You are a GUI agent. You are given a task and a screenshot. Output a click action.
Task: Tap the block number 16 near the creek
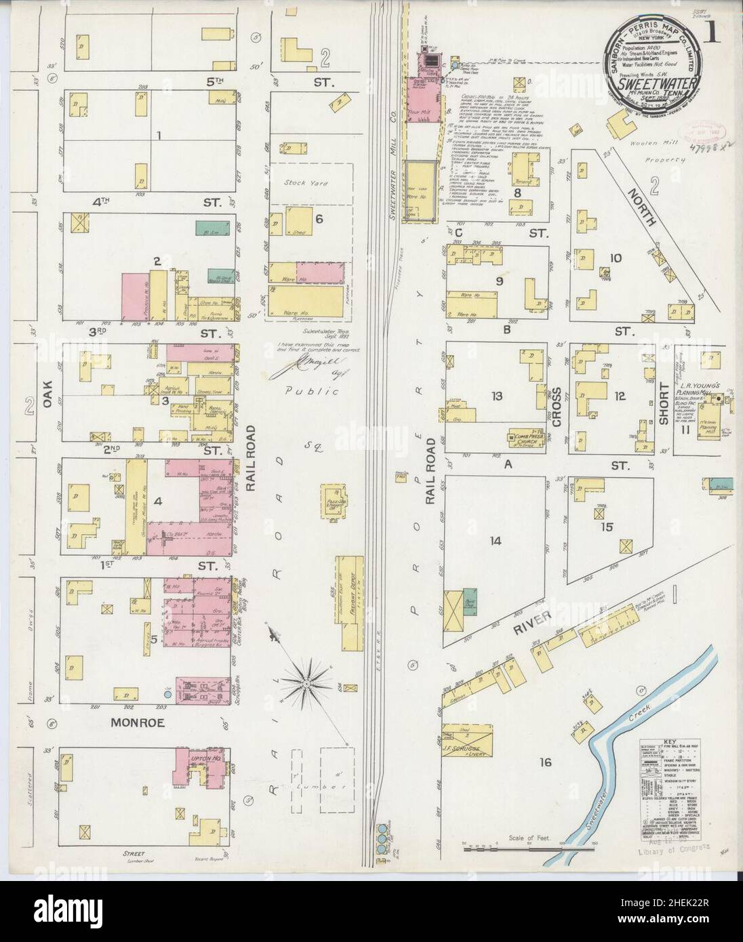546,762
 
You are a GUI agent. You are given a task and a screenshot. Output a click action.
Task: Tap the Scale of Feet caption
527,838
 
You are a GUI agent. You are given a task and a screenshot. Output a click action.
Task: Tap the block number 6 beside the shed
318,218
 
